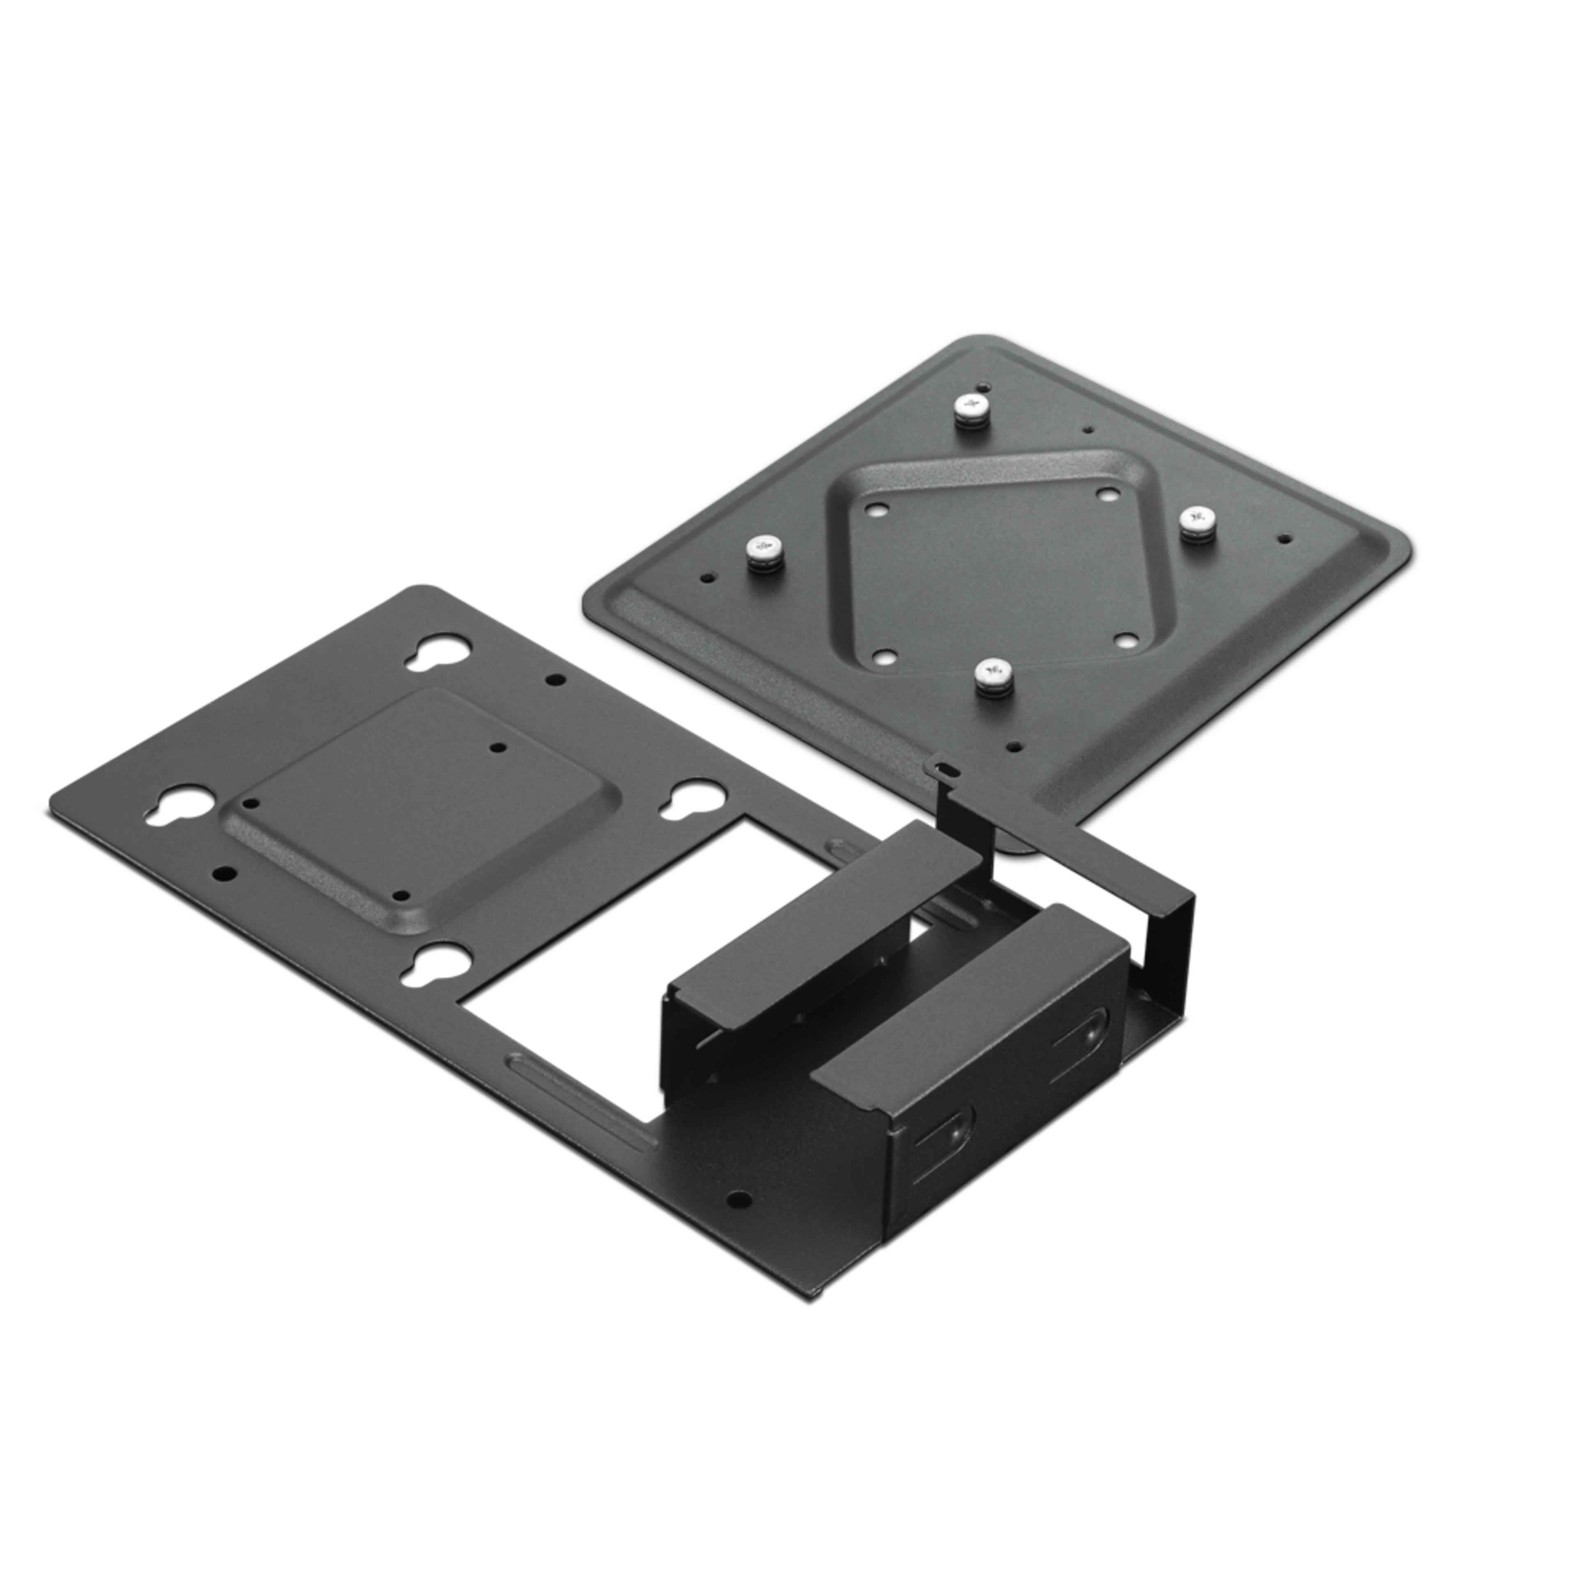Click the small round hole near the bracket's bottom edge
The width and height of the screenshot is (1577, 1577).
739,1200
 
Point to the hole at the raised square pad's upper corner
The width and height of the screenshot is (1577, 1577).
499,748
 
